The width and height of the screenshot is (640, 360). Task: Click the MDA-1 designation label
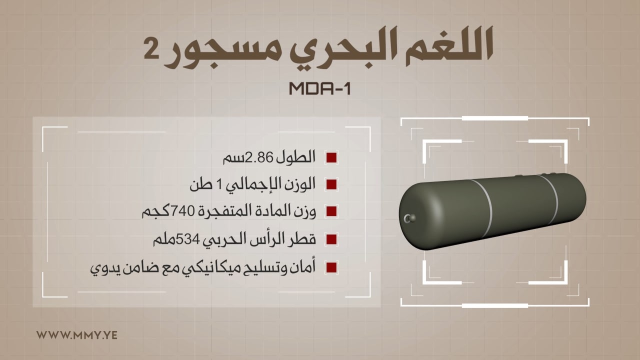point(319,88)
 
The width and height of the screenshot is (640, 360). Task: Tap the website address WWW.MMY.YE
point(77,335)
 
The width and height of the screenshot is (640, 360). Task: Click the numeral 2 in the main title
point(151,49)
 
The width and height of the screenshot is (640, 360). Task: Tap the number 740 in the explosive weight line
point(182,211)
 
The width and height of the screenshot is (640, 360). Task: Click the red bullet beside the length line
point(331,157)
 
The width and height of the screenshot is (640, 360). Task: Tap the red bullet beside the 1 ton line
point(331,184)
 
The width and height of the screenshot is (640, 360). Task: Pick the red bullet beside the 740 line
point(331,211)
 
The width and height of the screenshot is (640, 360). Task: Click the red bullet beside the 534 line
point(331,239)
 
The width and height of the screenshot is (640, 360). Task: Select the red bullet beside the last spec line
point(331,267)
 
